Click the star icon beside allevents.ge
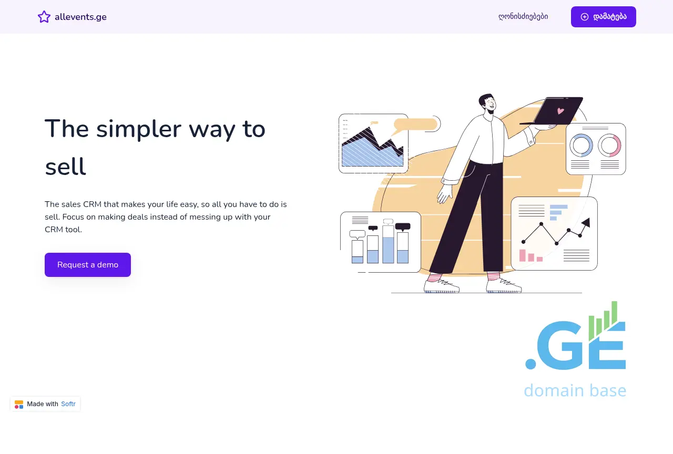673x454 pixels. point(44,17)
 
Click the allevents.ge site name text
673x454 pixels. point(80,17)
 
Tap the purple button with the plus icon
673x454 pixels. point(603,17)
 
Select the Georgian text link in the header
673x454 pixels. point(523,16)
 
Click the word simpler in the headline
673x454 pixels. point(138,129)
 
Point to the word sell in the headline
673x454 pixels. point(66,167)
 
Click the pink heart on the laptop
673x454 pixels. point(560,111)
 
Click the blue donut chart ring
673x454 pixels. point(581,146)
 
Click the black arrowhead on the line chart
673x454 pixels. point(586,222)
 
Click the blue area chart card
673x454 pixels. point(373,143)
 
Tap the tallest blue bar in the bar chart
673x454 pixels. point(388,250)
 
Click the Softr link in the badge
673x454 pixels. point(68,404)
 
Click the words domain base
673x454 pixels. point(575,390)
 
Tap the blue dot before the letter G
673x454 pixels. point(531,364)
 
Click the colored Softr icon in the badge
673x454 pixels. point(19,404)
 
